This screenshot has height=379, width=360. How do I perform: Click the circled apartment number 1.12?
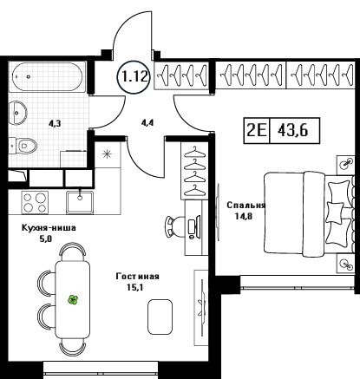point(134,77)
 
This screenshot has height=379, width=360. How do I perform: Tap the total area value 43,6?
point(293,131)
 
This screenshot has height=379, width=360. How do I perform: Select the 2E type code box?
point(257,131)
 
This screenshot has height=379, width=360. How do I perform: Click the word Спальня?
point(246,206)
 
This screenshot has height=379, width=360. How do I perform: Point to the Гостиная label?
point(137,276)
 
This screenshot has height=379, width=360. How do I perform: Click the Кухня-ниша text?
point(49,228)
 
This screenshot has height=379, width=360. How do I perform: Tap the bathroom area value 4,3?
point(54,124)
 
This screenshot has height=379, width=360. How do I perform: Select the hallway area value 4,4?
point(147,122)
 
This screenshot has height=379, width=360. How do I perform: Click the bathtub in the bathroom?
point(48,76)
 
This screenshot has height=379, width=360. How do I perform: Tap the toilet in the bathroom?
point(23,145)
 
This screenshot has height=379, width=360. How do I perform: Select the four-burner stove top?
point(35,202)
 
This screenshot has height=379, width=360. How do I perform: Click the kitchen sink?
point(80,202)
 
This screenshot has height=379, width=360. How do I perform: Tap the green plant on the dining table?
point(73,300)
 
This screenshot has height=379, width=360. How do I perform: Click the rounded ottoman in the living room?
point(160,317)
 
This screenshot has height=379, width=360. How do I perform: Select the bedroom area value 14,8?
point(244,216)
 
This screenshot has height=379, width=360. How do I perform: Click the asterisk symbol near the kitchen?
point(107,154)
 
